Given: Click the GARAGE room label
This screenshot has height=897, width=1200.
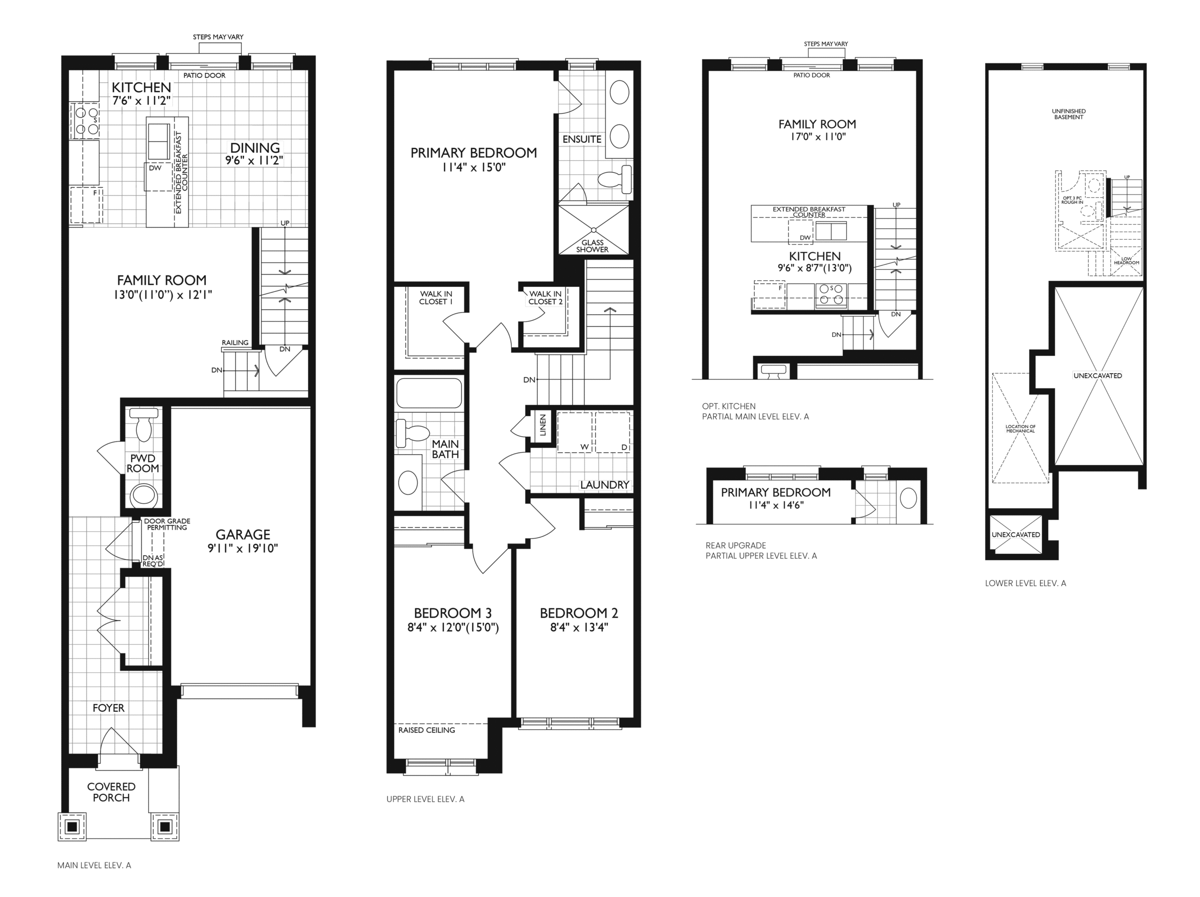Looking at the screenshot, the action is [242, 535].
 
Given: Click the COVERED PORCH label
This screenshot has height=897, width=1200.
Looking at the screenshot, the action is [111, 792].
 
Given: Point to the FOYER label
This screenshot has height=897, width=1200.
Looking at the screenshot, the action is [108, 708].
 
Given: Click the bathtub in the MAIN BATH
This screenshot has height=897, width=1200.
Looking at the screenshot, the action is [429, 393].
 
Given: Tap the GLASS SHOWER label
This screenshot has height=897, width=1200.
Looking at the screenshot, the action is [592, 246].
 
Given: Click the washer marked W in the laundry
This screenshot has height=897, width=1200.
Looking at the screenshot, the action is [575, 432].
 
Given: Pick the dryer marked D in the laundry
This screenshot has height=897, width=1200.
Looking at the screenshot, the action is [613, 432].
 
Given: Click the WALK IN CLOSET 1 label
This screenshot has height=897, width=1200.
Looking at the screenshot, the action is [436, 298].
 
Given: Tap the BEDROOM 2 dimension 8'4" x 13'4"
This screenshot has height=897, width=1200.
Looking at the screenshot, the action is [578, 628].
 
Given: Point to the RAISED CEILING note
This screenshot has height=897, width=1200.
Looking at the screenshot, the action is [427, 730].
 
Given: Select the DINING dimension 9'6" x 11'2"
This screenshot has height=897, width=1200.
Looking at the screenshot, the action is [255, 161].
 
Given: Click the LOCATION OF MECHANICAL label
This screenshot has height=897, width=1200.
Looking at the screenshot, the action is [1020, 428].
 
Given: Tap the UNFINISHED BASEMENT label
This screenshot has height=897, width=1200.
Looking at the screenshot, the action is [1069, 114].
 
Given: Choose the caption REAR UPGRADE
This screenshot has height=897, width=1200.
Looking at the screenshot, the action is [736, 545].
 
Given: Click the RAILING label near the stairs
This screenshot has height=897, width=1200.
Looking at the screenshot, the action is [235, 343].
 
